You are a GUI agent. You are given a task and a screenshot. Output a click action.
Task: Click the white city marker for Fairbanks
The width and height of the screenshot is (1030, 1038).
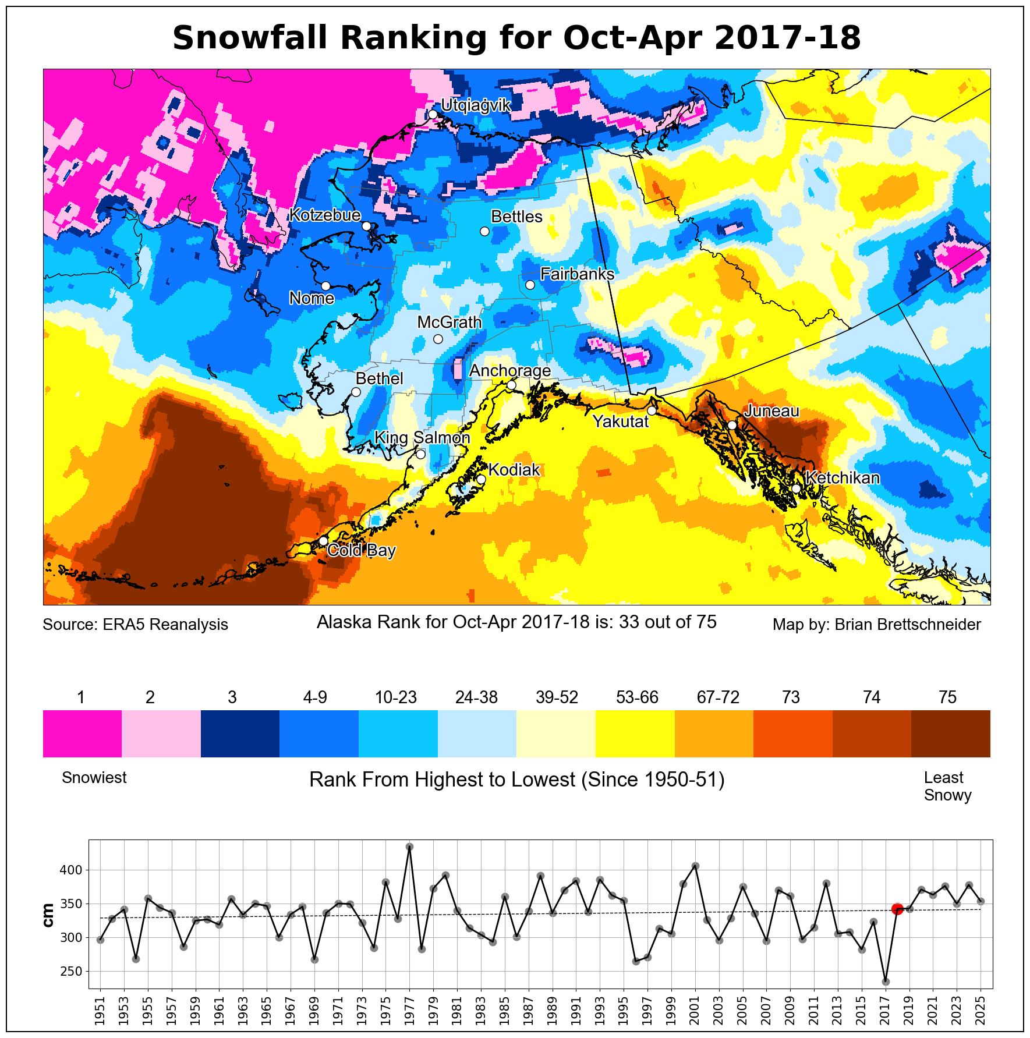530,285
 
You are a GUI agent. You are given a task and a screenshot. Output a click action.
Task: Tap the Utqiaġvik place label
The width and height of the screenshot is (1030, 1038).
476,105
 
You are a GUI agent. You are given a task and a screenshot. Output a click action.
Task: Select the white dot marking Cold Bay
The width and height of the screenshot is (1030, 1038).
323,541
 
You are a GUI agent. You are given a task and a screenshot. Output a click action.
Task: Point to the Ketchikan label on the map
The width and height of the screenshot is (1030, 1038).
843,478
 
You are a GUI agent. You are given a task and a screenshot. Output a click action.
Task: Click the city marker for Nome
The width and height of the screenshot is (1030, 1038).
325,286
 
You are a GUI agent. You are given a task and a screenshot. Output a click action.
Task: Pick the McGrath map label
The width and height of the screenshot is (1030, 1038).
449,322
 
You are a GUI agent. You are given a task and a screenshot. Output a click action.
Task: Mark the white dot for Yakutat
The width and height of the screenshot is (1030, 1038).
652,410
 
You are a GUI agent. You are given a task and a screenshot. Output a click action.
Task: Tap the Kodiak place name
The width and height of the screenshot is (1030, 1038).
514,470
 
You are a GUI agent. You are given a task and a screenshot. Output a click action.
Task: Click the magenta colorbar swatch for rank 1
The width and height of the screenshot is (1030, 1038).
82,734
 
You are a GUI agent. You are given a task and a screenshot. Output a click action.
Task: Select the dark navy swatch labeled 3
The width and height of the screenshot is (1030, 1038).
240,734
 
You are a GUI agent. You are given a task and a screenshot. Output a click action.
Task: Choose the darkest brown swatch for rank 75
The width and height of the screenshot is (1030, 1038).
950,734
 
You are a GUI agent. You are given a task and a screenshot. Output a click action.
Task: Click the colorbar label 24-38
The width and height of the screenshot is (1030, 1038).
476,697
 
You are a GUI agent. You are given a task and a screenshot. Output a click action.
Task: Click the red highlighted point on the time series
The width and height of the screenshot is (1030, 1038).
897,909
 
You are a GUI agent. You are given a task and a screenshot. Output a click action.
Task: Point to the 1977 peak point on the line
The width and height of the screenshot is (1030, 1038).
409,847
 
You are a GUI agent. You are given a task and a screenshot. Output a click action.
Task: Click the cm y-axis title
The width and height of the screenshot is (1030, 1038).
48,915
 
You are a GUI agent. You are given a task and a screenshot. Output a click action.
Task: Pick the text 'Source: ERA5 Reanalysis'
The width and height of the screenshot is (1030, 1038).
135,625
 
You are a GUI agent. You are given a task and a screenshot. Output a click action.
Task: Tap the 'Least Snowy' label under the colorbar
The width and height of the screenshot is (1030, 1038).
947,787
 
